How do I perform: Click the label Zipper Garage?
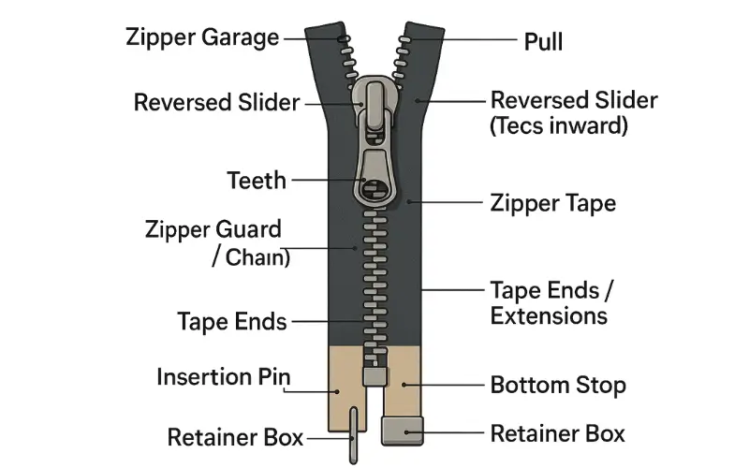click(x=202, y=38)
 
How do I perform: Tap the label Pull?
click(x=543, y=42)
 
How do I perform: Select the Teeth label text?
click(x=257, y=180)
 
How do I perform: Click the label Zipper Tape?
click(x=552, y=202)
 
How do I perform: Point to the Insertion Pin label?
click(x=224, y=378)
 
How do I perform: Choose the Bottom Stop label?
click(x=558, y=385)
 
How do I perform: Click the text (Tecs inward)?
click(x=558, y=126)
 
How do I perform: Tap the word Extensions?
click(x=549, y=315)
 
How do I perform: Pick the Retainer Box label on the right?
click(x=558, y=433)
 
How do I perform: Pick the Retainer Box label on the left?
click(x=235, y=437)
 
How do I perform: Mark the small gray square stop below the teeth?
click(x=374, y=376)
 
